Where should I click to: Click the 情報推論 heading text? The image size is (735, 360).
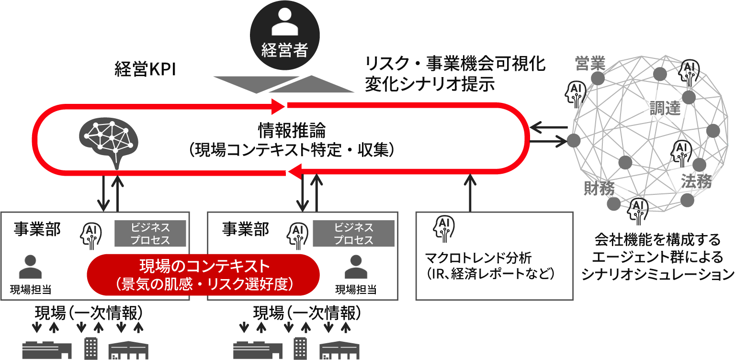click(292, 129)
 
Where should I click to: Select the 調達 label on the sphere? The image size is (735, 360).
click(665, 108)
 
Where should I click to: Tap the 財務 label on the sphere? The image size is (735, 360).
click(599, 189)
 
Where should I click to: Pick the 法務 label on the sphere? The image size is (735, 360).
click(696, 181)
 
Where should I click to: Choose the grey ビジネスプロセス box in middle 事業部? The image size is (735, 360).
click(353, 233)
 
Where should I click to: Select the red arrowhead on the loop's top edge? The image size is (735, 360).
click(278, 105)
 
